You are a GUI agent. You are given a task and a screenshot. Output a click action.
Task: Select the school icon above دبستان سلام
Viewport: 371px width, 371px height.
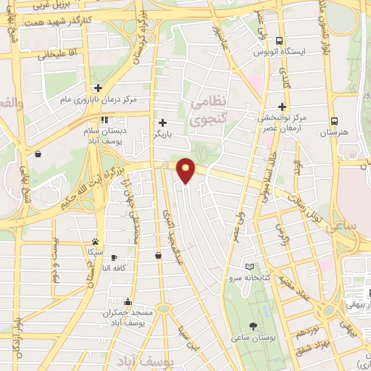tap(104, 120)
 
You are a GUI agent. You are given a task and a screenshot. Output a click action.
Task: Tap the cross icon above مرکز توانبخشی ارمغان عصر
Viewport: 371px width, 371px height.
tap(282, 106)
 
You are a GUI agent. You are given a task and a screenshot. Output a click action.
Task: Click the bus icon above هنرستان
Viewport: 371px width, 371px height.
tap(334, 121)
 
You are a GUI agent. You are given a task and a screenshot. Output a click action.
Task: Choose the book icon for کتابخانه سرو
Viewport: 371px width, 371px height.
tap(250, 267)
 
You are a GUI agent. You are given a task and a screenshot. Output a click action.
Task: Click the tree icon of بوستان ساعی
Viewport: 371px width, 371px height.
tap(252, 326)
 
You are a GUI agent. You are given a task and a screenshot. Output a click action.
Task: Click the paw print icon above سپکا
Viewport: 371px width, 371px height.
tap(95, 241)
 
